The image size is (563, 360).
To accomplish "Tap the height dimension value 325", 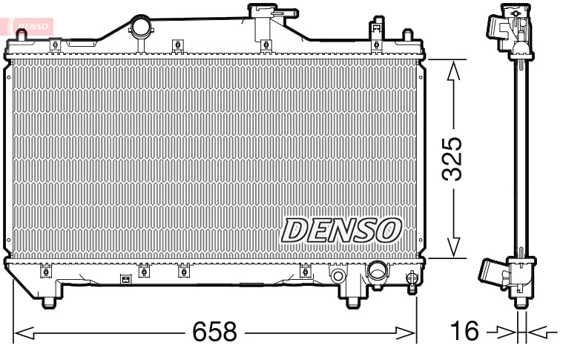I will tap(452, 159).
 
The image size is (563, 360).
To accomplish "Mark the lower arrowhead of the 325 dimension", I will tap(453, 249).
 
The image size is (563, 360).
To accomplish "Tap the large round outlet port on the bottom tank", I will tap(377, 272).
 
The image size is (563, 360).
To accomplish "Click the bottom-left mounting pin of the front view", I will tap(50, 301).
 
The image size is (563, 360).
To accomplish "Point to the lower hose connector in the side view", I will tap(493, 273).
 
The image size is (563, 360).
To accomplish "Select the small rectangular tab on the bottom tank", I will tap(125, 280).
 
